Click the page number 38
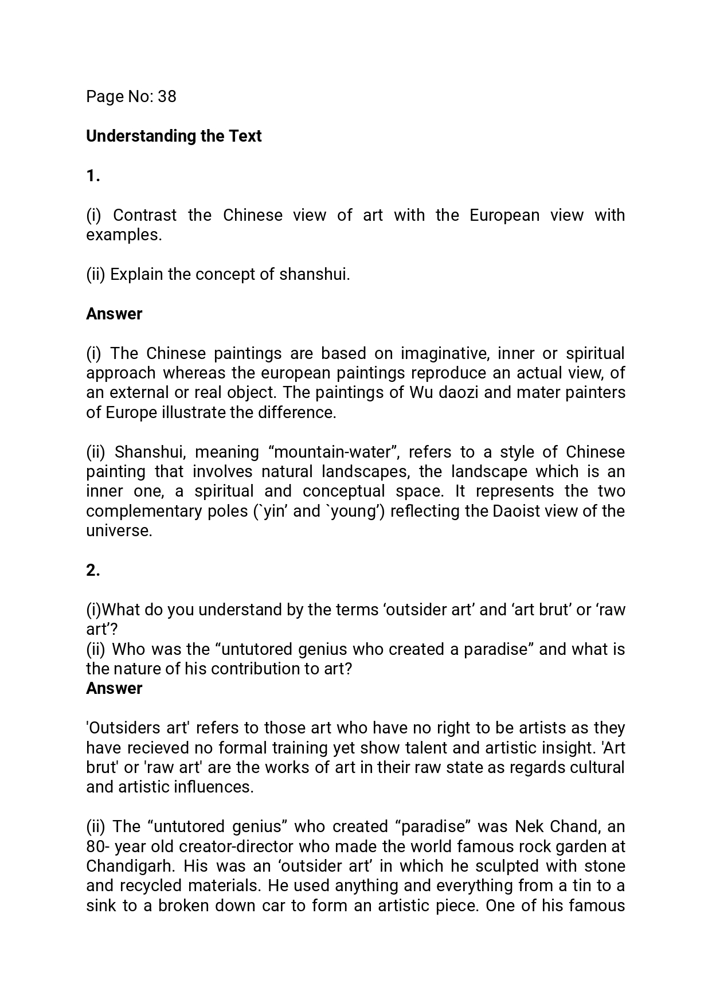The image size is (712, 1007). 167,96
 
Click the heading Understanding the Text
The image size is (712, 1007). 174,136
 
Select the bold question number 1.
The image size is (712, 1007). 93,176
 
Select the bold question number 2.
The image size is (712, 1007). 93,570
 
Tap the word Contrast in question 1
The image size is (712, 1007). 144,215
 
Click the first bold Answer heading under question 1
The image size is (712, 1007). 114,314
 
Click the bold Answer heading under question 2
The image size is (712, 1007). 114,688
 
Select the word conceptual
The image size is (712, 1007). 343,491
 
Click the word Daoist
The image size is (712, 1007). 517,511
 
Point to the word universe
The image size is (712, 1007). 119,530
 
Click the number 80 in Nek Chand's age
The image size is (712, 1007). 95,846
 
